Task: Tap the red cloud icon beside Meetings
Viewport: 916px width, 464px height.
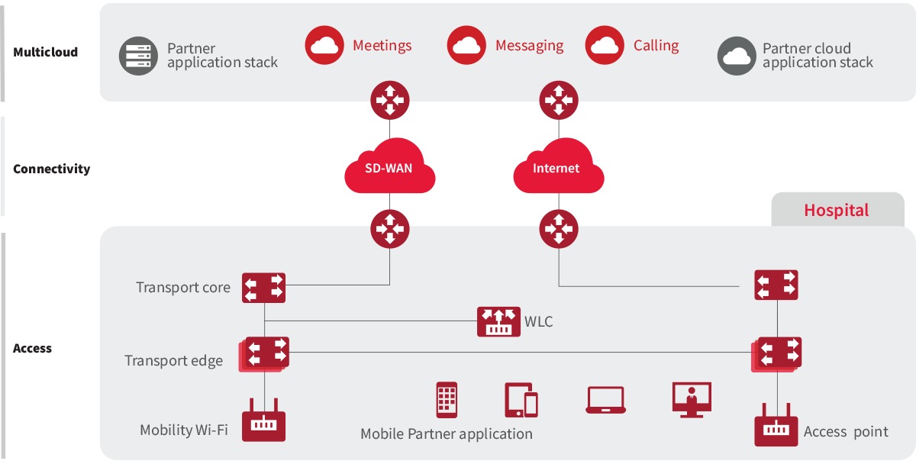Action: (324, 46)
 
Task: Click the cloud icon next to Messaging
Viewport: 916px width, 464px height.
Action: (466, 46)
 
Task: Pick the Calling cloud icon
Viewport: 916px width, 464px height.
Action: (605, 46)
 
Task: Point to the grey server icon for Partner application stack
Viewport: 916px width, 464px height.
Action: (138, 56)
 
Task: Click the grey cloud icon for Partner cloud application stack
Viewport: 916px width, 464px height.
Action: (737, 56)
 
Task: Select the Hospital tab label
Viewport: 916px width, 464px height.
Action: (836, 210)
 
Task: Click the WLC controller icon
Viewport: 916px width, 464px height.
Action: (498, 321)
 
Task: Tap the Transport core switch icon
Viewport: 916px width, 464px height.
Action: (264, 288)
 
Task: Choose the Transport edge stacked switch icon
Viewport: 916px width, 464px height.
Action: (264, 353)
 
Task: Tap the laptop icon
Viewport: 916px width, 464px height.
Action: (606, 400)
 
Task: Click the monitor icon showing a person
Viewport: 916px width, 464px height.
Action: (692, 399)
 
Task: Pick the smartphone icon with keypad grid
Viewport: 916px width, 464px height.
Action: (447, 399)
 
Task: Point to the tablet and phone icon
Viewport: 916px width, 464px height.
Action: (521, 399)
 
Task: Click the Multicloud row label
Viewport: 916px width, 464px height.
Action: (45, 53)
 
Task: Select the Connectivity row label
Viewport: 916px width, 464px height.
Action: (51, 169)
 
